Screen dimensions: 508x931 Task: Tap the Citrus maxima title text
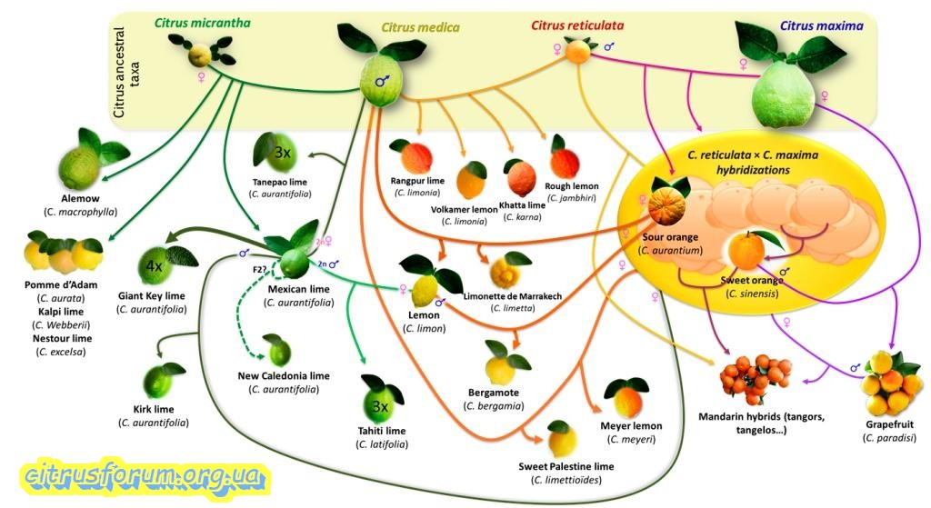tap(820, 25)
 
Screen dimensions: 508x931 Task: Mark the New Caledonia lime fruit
tap(277, 349)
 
